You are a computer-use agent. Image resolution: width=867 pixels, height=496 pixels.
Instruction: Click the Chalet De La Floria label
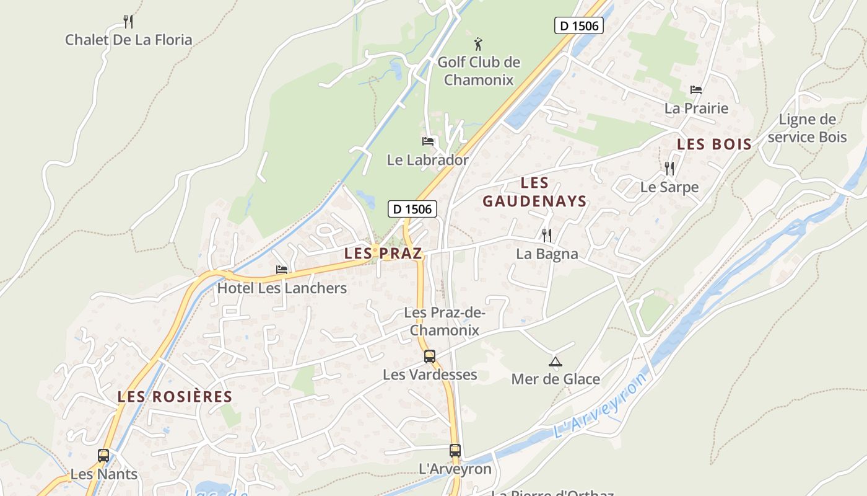tap(129, 40)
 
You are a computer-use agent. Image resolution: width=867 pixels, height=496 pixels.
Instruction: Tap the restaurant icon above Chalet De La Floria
tap(128, 22)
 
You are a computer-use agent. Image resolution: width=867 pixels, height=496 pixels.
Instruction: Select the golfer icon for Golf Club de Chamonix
tap(478, 43)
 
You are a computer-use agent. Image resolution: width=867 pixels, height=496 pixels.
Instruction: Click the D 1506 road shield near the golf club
tap(578, 25)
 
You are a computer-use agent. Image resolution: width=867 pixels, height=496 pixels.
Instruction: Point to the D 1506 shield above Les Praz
tap(412, 209)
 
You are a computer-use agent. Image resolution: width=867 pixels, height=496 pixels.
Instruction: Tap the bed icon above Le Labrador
tap(428, 141)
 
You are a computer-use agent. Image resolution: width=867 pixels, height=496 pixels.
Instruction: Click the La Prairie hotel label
tap(696, 108)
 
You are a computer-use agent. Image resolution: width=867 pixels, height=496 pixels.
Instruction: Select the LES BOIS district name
tap(714, 144)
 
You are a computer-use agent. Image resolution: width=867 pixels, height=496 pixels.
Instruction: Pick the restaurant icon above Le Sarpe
tap(669, 168)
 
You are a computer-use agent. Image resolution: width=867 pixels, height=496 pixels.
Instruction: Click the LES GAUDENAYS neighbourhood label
tap(534, 192)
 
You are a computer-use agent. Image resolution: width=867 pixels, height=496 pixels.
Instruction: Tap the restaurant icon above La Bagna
tap(547, 235)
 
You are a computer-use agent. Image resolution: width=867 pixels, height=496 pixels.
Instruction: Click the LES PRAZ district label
tap(383, 253)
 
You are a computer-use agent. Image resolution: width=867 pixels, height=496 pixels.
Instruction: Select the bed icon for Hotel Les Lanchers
tap(282, 270)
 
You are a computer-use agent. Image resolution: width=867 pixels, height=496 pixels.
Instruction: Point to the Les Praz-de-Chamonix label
tap(444, 321)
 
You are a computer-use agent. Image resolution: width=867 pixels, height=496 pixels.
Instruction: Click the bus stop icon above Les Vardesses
tap(430, 356)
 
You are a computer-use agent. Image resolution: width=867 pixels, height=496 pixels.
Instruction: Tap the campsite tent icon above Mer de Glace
tap(555, 361)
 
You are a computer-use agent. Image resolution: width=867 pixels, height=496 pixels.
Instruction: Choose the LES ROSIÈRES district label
tap(175, 397)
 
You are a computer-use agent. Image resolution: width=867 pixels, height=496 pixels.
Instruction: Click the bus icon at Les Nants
tap(103, 456)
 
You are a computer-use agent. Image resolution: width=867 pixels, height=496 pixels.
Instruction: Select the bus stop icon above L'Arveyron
tap(455, 451)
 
